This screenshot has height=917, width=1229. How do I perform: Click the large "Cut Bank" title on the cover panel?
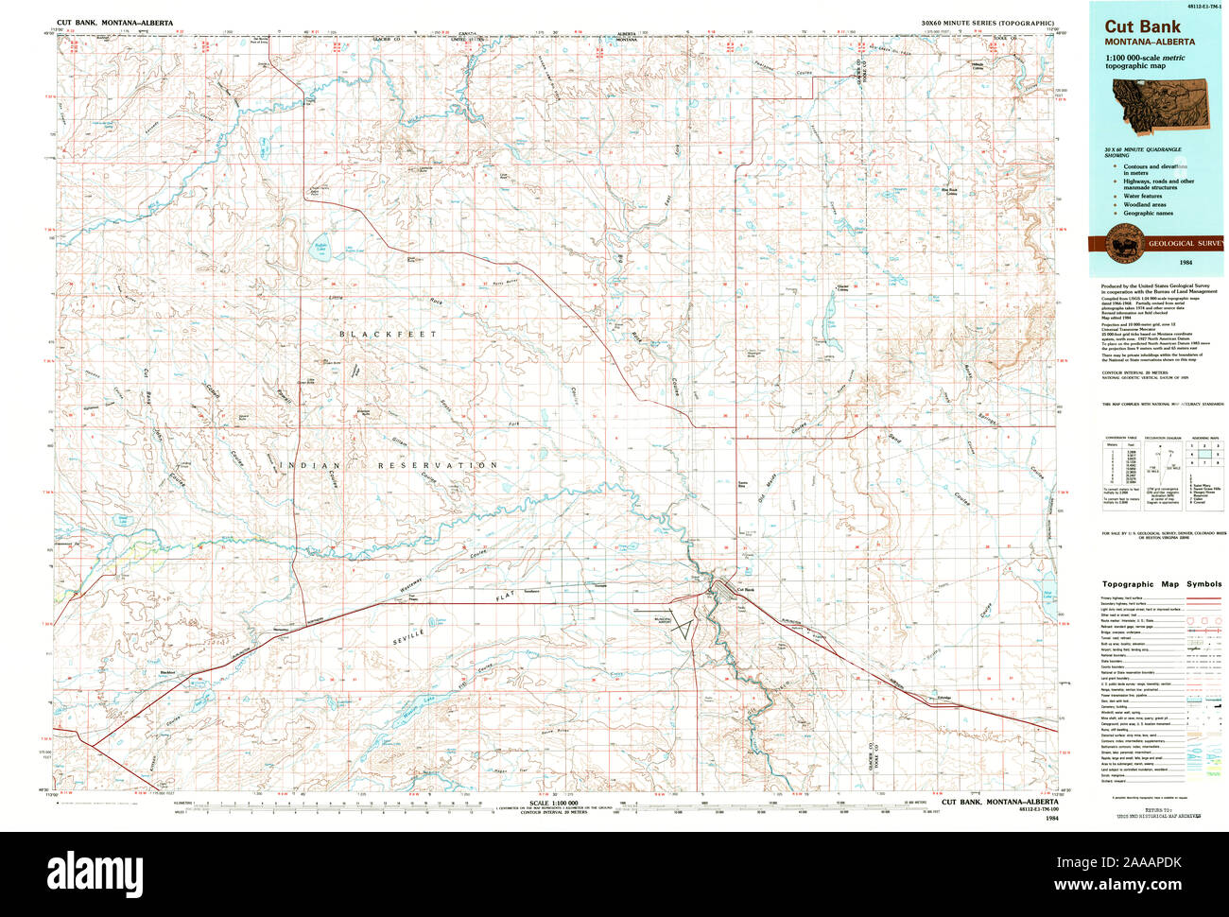point(1142,27)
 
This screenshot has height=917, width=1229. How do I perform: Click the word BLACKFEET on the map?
point(389,335)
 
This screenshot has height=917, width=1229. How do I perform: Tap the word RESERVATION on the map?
point(438,466)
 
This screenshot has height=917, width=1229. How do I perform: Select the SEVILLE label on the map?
point(414,642)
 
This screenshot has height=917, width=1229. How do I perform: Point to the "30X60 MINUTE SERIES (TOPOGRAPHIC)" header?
point(988,20)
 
